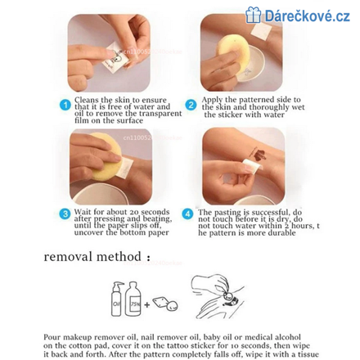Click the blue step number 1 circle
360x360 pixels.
[65, 105]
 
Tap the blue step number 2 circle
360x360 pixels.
[191, 105]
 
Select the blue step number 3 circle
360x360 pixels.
[65, 214]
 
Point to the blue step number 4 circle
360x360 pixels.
[187, 214]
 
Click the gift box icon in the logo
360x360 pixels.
[253, 15]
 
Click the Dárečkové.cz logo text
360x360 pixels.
[308, 16]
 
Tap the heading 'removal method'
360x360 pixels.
[92, 257]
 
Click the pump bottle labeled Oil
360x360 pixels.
[118, 299]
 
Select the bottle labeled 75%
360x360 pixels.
[133, 299]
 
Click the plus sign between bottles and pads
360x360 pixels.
[147, 304]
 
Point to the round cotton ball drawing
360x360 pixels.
[172, 306]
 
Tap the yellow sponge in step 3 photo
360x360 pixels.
[106, 156]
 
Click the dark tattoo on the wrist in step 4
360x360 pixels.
[259, 155]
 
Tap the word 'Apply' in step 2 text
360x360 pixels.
[212, 100]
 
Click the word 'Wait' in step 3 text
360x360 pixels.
[83, 212]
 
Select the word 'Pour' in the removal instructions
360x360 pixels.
[52, 337]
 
